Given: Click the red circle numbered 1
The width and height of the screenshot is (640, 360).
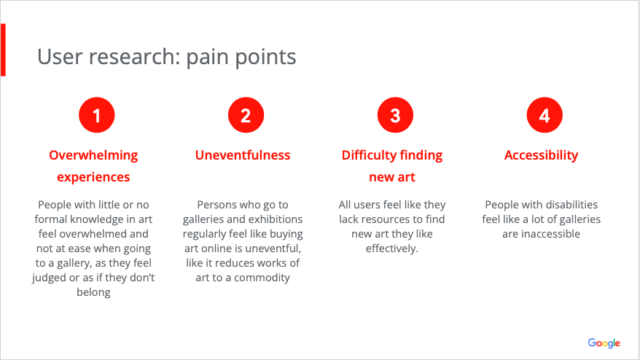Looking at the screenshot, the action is (97, 115).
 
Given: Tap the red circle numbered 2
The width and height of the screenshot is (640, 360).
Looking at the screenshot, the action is (246, 115).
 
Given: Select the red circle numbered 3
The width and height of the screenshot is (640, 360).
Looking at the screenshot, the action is (395, 115).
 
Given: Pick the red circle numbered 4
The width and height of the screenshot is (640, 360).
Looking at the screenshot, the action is (545, 115).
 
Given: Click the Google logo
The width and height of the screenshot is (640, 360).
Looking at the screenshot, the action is (604, 343).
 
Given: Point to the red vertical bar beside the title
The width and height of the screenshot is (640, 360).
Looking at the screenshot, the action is (3, 50).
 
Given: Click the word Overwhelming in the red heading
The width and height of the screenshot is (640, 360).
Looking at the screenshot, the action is (93, 155).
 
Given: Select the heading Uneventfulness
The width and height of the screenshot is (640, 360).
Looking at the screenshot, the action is (243, 155).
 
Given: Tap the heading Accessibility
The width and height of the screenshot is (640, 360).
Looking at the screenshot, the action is (541, 155).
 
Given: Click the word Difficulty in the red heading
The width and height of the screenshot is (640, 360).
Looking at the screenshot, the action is (369, 155).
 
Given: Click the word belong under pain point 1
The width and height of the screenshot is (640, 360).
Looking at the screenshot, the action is (93, 293).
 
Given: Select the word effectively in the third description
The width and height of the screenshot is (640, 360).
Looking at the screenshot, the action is (391, 249).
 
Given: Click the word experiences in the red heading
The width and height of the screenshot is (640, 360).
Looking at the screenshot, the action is (93, 178).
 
